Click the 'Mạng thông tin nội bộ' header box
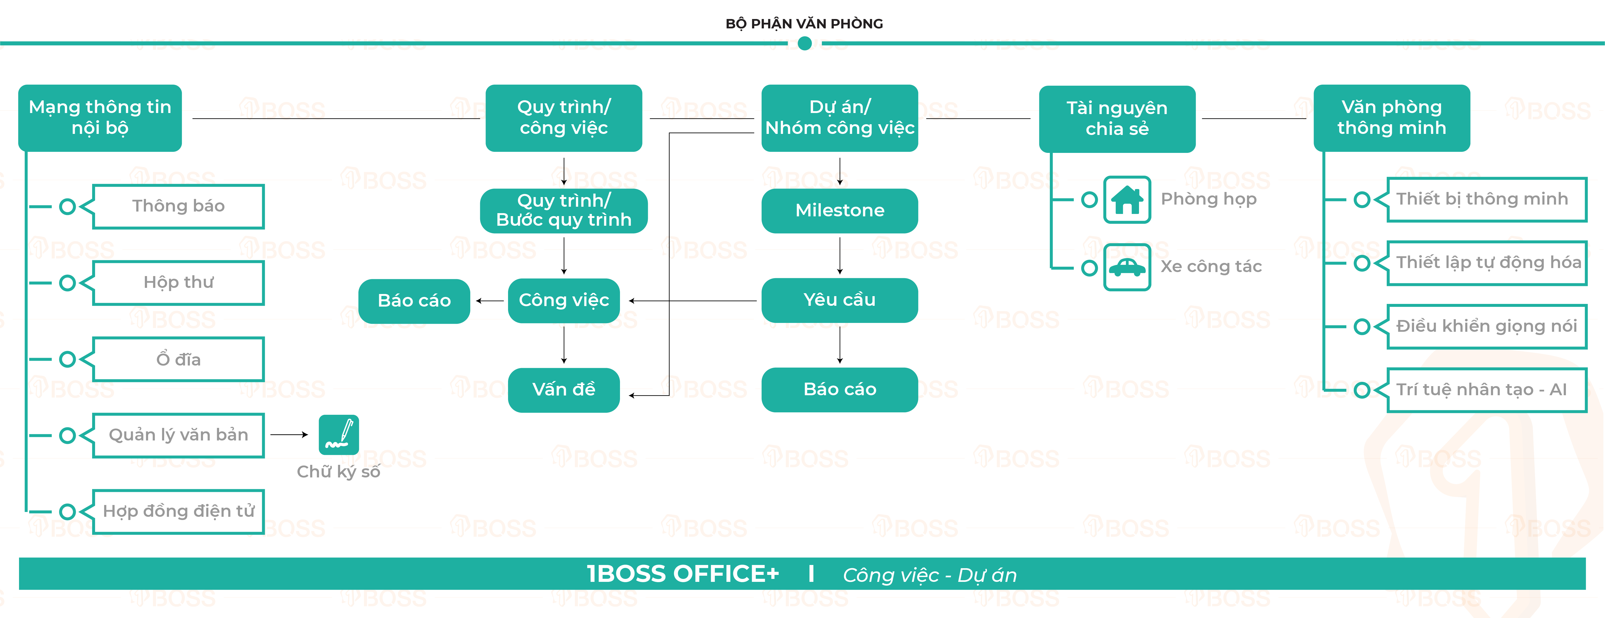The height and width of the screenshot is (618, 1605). [100, 118]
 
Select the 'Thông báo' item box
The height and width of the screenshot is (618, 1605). [178, 206]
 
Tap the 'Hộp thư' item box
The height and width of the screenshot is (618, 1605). [178, 283]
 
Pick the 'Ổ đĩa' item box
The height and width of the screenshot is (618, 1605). [178, 359]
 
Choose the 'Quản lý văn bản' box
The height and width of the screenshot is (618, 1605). [178, 435]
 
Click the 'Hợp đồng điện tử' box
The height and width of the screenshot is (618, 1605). [178, 511]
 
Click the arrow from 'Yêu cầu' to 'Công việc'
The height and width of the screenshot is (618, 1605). [691, 301]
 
